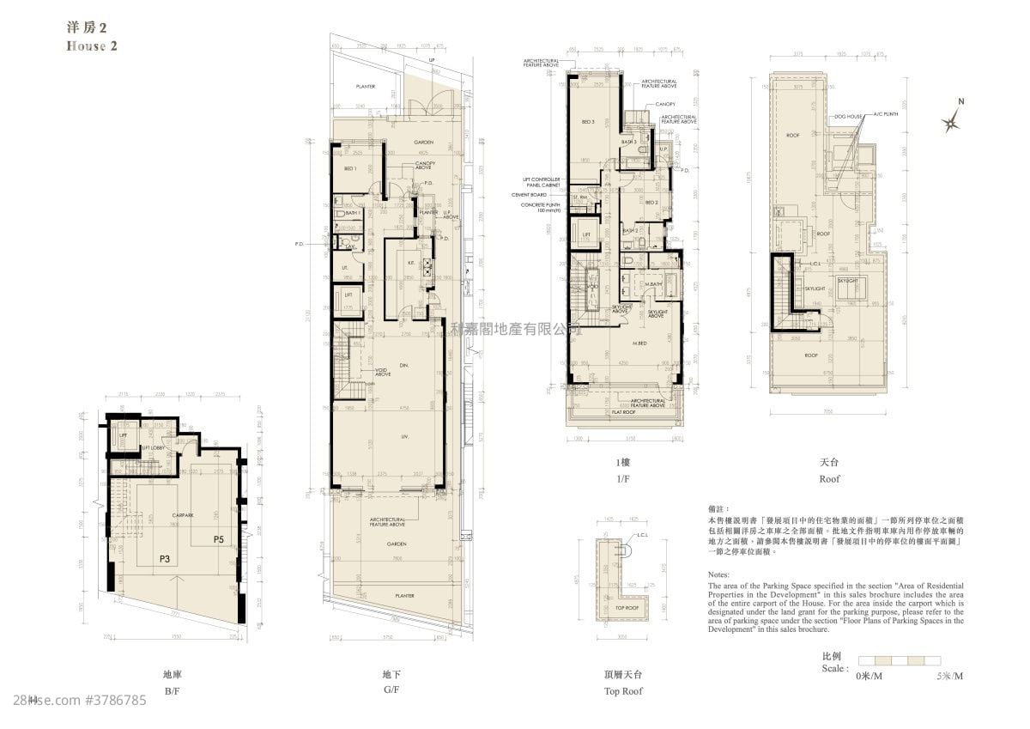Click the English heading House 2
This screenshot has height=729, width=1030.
point(91,46)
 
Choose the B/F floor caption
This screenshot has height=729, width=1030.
point(171,690)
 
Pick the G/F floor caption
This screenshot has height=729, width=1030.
point(391,690)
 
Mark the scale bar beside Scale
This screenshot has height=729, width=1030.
point(900,661)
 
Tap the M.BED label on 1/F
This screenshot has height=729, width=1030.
point(639,344)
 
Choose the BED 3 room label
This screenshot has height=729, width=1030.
point(588,122)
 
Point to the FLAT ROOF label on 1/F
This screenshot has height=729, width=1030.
point(623,412)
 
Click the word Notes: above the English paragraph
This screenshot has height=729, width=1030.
point(719,574)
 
